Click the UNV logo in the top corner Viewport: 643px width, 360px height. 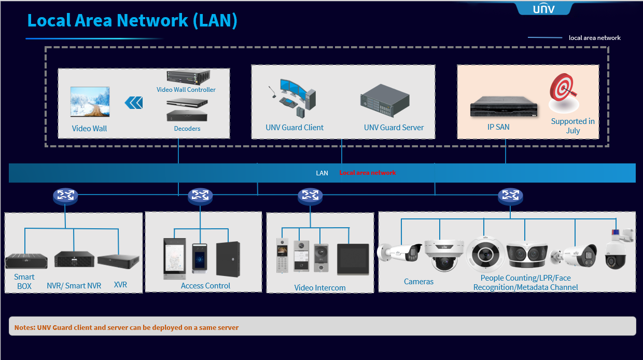[543, 8]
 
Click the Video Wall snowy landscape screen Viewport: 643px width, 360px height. [90, 102]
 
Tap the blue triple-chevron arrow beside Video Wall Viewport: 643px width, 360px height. [134, 103]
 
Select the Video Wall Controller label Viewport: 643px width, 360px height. [186, 90]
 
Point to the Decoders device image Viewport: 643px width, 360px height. [187, 114]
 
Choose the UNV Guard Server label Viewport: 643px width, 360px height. [394, 128]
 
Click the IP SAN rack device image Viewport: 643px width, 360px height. [504, 108]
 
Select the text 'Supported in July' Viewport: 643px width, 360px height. [572, 126]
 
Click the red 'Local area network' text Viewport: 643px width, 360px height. [368, 173]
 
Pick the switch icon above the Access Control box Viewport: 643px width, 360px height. [200, 196]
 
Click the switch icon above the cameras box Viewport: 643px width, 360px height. [510, 196]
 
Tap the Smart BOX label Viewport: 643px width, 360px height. [24, 282]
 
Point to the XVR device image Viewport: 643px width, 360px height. [119, 261]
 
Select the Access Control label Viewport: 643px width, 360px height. [205, 286]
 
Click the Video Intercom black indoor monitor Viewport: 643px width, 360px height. [353, 258]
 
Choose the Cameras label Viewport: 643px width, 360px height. [418, 282]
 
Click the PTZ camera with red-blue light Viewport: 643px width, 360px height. [618, 249]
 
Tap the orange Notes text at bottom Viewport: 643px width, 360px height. [127, 328]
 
